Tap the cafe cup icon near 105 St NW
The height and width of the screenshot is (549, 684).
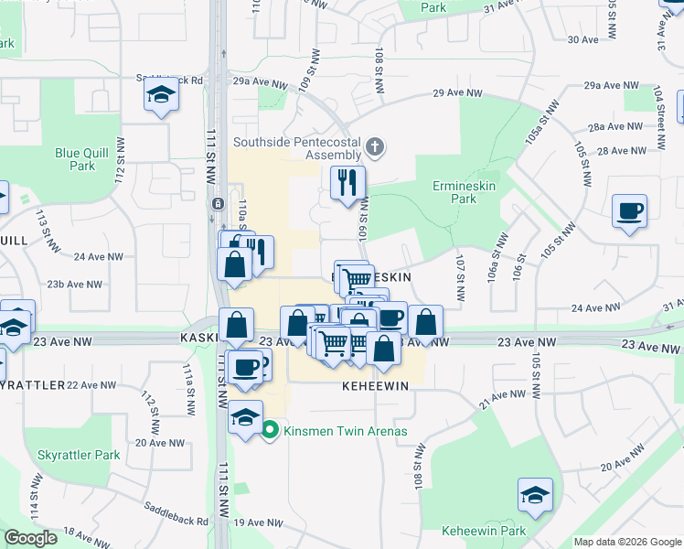click(x=630, y=211)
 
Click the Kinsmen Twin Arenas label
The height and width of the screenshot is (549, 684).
click(x=345, y=431)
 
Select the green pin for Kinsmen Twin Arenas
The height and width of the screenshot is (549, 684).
click(x=270, y=430)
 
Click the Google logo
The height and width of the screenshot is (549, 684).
click(x=31, y=538)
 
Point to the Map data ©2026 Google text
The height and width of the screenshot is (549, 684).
click(x=626, y=542)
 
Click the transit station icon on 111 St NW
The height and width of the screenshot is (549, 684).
click(x=218, y=203)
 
